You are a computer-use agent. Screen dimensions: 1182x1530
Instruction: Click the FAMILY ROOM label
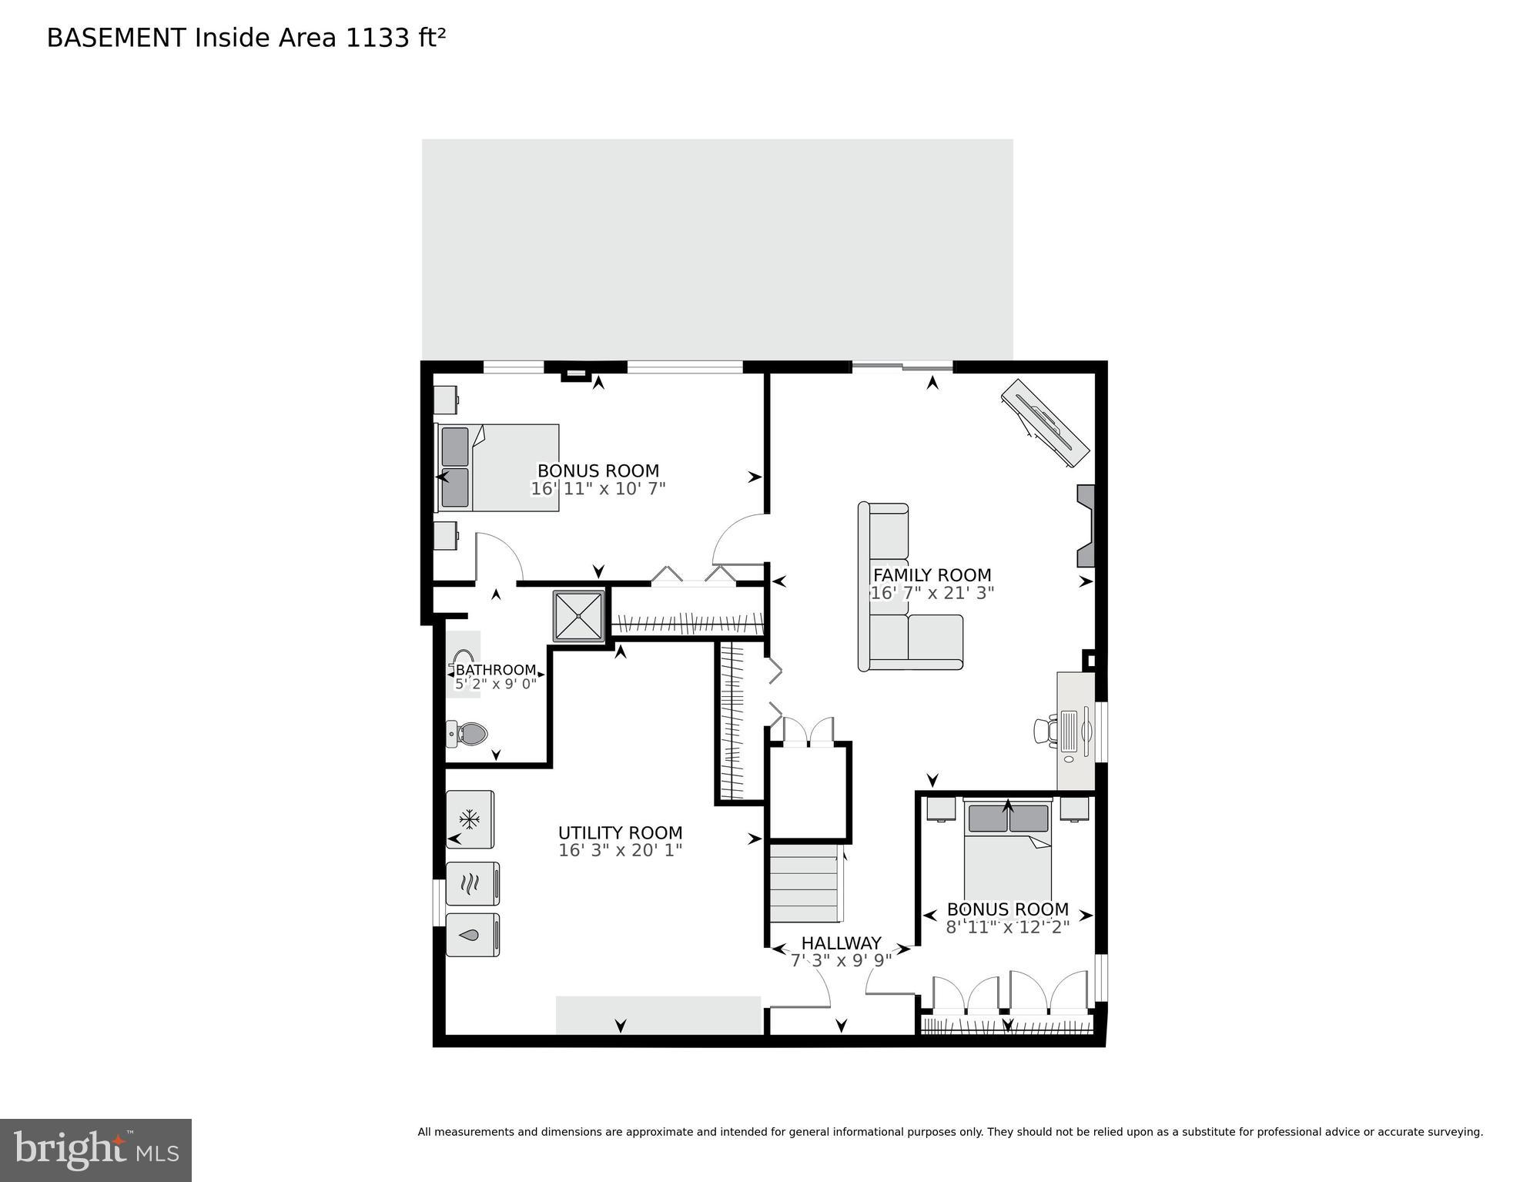click(932, 575)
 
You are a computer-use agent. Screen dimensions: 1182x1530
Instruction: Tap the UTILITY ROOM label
click(620, 833)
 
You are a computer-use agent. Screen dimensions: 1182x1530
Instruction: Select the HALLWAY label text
click(841, 943)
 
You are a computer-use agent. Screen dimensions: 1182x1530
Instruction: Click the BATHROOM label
click(495, 670)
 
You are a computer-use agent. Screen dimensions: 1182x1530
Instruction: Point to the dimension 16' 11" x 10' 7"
click(598, 489)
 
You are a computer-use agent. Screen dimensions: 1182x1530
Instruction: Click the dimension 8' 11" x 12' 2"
click(1007, 927)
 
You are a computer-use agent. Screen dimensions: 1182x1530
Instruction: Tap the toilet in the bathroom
click(468, 734)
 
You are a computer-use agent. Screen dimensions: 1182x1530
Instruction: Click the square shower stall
click(579, 615)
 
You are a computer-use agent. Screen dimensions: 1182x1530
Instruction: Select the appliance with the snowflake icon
click(470, 819)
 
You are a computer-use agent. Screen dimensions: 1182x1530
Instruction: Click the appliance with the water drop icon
click(472, 935)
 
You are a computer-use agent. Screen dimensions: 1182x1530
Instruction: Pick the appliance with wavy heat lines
click(472, 883)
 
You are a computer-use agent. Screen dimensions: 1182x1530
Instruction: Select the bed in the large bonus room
click(498, 467)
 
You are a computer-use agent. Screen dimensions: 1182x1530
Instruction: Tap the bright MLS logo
click(95, 1150)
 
